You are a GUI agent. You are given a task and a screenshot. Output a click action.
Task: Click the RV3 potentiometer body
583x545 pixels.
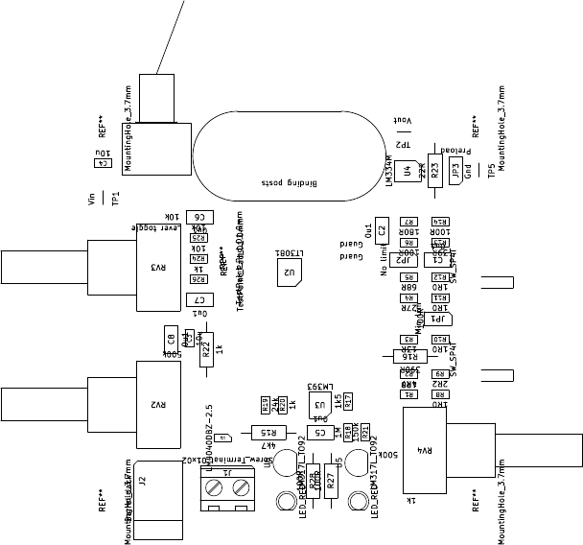click(159, 267)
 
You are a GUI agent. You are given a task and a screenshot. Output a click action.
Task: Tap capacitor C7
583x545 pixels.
click(199, 300)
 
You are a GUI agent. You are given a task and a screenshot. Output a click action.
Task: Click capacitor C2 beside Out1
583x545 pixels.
click(382, 230)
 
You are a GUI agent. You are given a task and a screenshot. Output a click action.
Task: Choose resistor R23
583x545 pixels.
click(434, 171)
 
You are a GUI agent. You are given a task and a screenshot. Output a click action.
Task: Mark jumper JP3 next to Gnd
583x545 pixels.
click(455, 170)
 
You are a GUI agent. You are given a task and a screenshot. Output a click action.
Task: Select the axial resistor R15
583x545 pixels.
click(270, 432)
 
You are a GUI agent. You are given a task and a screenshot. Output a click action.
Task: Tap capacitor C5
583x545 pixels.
click(320, 432)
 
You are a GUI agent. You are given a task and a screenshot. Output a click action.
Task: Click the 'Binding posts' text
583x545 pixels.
click(289, 181)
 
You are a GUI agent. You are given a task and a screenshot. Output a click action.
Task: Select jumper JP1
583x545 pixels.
click(439, 319)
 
